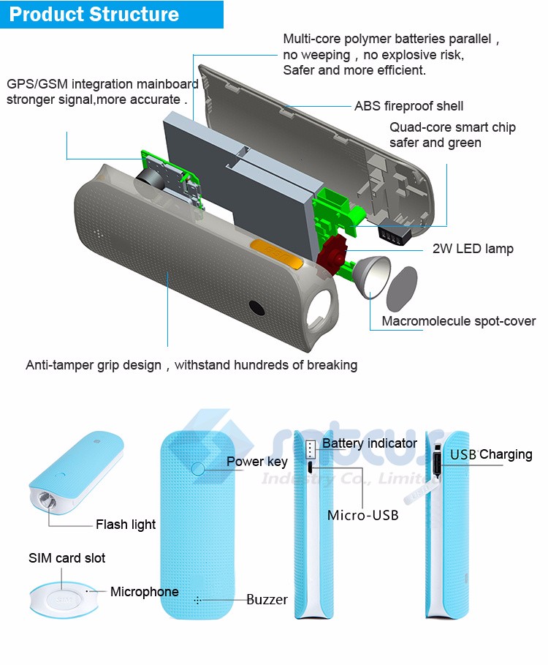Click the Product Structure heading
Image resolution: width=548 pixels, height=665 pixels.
[x=94, y=14]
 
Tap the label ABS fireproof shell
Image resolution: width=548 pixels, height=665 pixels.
[x=408, y=106]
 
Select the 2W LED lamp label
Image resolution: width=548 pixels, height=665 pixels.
[x=473, y=249]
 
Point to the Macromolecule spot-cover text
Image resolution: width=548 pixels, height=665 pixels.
[x=459, y=321]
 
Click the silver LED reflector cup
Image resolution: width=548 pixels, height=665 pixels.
[x=371, y=279]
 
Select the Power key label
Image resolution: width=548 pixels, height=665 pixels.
[x=256, y=462]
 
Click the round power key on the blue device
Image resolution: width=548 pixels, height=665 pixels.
[x=198, y=467]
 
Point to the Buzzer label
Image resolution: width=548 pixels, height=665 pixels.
[x=267, y=600]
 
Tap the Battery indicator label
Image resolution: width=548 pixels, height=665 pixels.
[x=370, y=443]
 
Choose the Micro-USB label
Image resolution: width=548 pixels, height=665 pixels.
[x=362, y=515]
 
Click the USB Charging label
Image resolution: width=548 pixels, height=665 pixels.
[x=491, y=454]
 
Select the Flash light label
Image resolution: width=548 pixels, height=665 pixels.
[x=126, y=525]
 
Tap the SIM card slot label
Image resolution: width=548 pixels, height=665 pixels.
[x=66, y=558]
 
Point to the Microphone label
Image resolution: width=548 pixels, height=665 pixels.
[x=145, y=592]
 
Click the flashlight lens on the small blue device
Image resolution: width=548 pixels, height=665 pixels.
[x=44, y=503]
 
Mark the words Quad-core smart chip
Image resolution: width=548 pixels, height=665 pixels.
[x=452, y=127]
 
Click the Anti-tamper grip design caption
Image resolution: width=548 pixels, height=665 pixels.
[x=191, y=364]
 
